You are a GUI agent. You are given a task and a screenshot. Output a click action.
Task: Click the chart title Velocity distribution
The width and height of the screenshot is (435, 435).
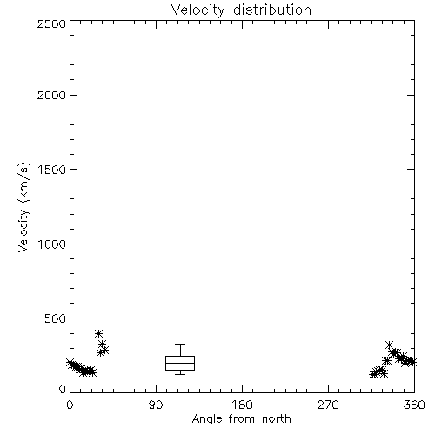pyautogui.click(x=241, y=10)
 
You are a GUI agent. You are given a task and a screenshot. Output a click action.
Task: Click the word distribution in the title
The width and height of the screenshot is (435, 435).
pyautogui.click(x=272, y=10)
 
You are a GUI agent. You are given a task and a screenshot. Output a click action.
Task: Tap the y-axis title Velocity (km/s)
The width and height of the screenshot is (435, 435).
pyautogui.click(x=23, y=207)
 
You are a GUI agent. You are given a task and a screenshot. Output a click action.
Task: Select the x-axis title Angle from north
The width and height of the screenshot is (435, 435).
pyautogui.click(x=242, y=418)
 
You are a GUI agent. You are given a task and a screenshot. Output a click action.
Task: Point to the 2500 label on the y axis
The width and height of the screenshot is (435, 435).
pyautogui.click(x=51, y=23)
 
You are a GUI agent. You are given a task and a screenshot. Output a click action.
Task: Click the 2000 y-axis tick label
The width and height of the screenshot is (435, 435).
pyautogui.click(x=51, y=95)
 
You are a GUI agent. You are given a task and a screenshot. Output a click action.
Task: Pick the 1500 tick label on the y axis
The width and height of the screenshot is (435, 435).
pyautogui.click(x=52, y=170)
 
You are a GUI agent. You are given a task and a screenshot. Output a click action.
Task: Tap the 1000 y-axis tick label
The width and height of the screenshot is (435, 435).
pyautogui.click(x=52, y=244)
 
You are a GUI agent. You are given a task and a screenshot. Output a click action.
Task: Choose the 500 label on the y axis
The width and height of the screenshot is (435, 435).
pyautogui.click(x=56, y=318)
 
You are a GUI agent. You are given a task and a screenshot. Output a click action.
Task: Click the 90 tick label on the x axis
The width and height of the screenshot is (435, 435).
pyautogui.click(x=156, y=405)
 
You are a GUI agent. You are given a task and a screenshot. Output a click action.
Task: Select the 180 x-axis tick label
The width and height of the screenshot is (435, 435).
pyautogui.click(x=241, y=405)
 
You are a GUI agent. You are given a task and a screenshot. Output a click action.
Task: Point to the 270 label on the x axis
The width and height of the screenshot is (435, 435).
pyautogui.click(x=328, y=405)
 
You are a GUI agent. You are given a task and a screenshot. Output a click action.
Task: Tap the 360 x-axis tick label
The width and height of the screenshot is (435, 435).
pyautogui.click(x=414, y=405)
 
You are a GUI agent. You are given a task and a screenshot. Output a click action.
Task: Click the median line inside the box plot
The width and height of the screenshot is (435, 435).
pyautogui.click(x=180, y=363)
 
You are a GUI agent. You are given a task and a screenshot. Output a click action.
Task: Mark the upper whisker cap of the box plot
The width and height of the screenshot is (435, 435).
pyautogui.click(x=180, y=345)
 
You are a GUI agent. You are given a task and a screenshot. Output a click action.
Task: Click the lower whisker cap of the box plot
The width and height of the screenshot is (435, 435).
pyautogui.click(x=180, y=374)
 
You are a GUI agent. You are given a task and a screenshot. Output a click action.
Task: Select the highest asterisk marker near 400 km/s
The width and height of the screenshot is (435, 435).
pyautogui.click(x=98, y=333)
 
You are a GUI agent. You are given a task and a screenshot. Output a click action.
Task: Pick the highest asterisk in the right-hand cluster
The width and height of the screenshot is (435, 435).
pyautogui.click(x=390, y=345)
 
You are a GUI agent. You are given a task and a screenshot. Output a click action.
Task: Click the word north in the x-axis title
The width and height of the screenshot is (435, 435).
pyautogui.click(x=277, y=418)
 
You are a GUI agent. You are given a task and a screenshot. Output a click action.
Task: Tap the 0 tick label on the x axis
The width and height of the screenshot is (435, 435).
pyautogui.click(x=70, y=405)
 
